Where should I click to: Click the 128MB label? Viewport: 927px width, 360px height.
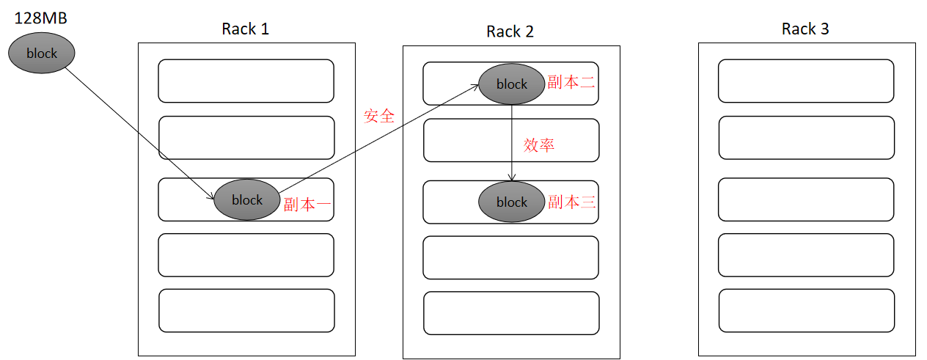click(x=41, y=18)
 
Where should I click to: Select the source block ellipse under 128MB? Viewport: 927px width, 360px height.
click(x=43, y=53)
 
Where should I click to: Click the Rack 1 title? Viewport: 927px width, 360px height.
click(x=245, y=29)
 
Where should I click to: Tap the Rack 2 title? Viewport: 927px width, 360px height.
click(x=510, y=32)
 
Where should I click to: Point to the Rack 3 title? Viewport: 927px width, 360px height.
click(x=805, y=29)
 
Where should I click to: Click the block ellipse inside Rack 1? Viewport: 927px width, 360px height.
click(x=247, y=199)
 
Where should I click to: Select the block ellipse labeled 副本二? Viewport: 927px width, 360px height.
click(x=511, y=84)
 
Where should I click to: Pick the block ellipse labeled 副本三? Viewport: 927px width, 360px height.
click(x=511, y=202)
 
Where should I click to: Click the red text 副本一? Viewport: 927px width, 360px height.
click(x=307, y=205)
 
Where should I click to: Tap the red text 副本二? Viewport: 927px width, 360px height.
click(x=571, y=82)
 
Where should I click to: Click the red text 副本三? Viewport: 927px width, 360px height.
click(x=571, y=202)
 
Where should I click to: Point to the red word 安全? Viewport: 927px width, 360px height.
click(x=379, y=116)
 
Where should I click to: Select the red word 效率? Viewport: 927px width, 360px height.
click(x=539, y=145)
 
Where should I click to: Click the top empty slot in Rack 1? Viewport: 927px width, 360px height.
click(x=246, y=81)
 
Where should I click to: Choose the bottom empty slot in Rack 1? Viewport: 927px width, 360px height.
click(x=246, y=310)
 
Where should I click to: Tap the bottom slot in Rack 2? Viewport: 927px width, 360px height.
click(x=511, y=313)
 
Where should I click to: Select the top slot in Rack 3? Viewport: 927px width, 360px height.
click(x=805, y=81)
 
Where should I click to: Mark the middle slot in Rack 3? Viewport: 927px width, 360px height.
click(x=805, y=199)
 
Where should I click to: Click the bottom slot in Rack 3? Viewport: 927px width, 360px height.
click(x=806, y=310)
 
